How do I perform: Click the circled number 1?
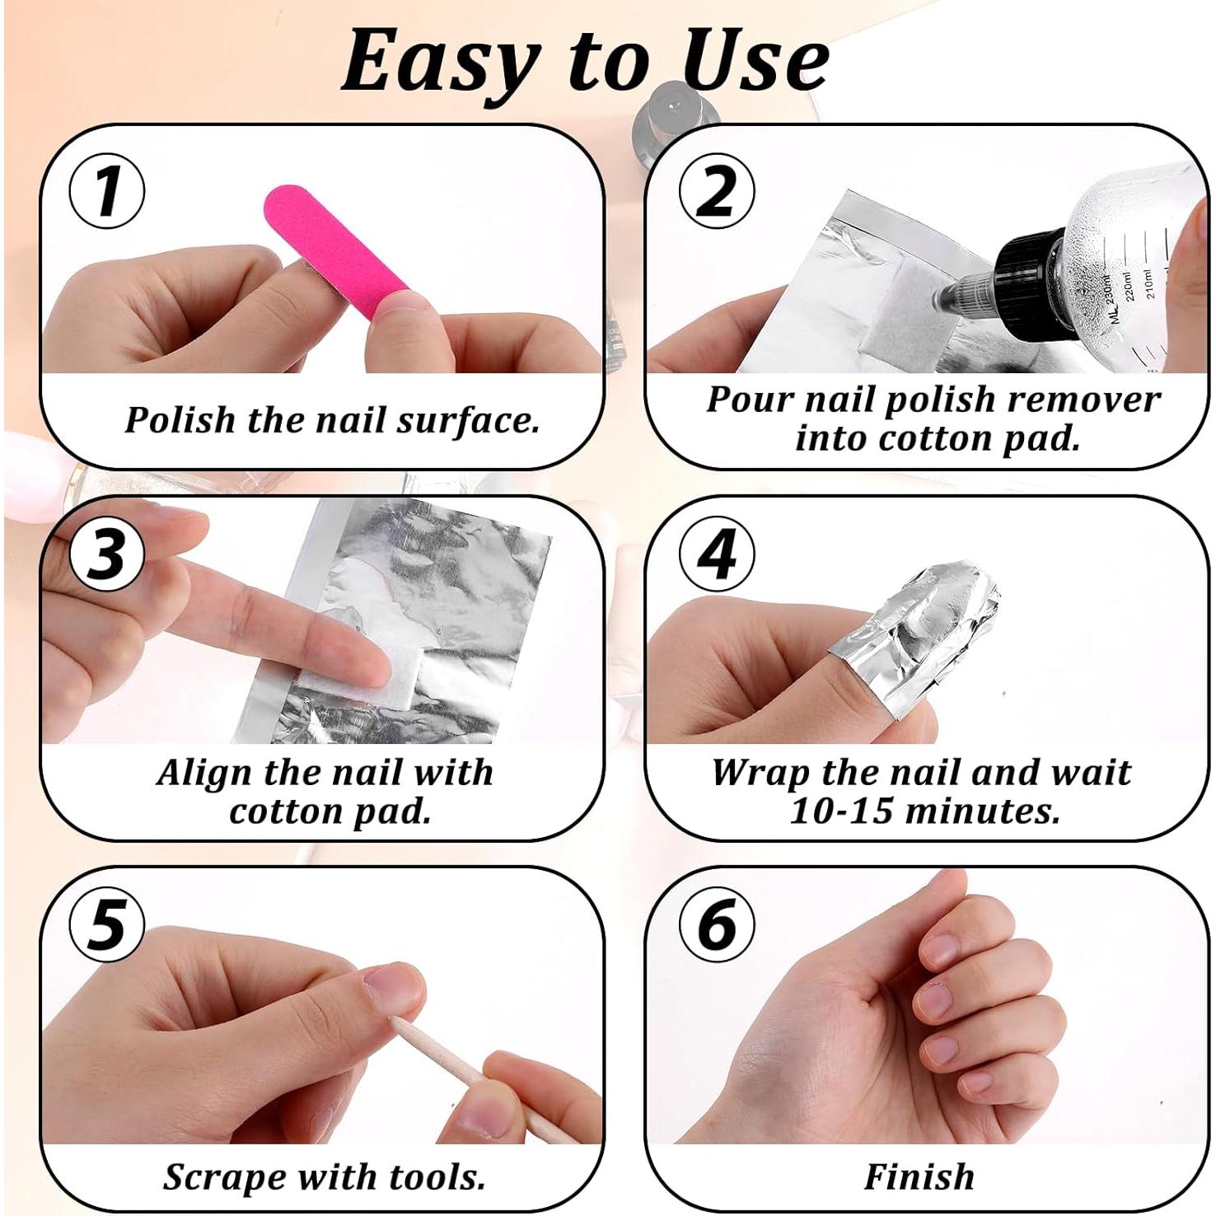point(107,190)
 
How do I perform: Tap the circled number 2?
point(716,190)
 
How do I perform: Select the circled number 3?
point(107,553)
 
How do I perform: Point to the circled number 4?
point(716,553)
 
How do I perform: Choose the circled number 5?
point(107,924)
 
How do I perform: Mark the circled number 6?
point(716,924)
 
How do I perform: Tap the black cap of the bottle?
point(1026,268)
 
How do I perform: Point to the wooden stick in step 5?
point(470,1079)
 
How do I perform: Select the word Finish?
point(919,1176)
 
